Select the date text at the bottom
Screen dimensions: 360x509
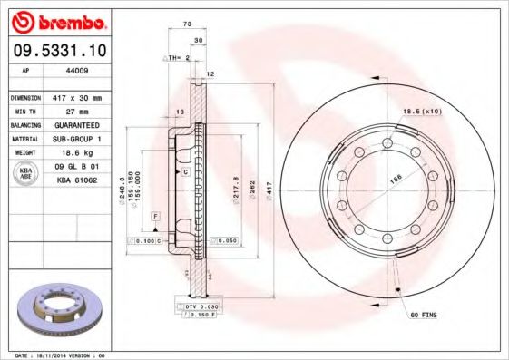tap(61, 355)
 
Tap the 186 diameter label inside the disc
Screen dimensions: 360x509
tap(396, 181)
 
